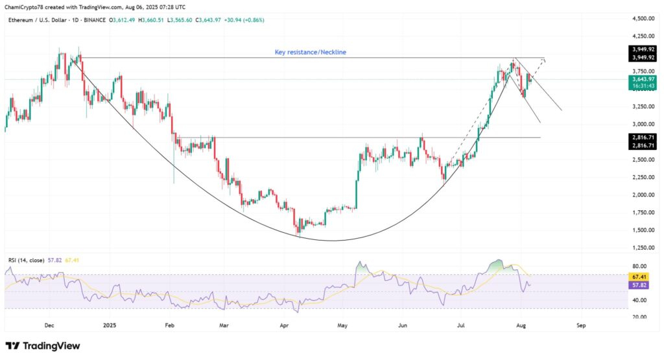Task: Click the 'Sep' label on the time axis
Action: click(581, 326)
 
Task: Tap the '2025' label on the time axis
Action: click(109, 326)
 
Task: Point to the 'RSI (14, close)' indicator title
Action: click(27, 260)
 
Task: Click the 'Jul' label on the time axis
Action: click(460, 326)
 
